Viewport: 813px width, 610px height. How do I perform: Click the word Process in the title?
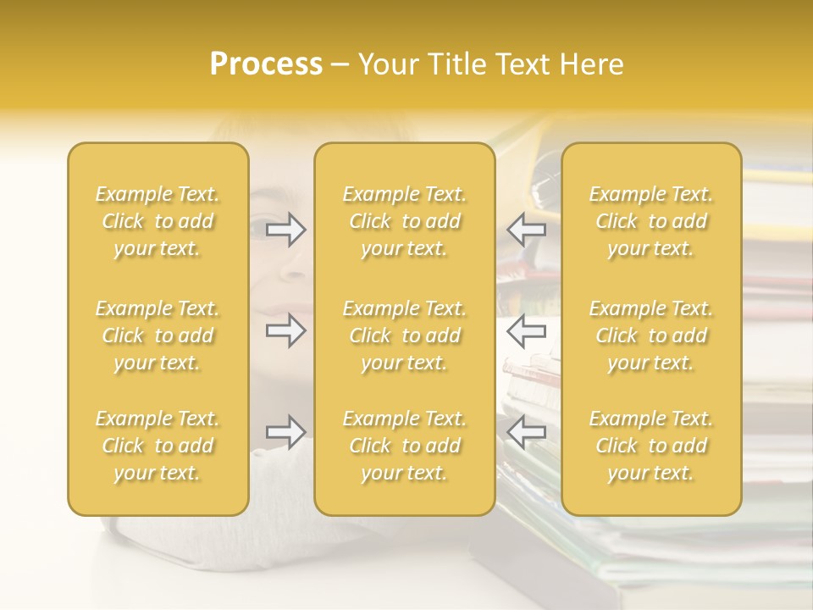[x=266, y=64]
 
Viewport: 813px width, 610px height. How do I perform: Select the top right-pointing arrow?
[x=286, y=230]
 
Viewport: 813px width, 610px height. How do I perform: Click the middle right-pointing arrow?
[x=286, y=330]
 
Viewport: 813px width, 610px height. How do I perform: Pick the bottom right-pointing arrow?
[x=286, y=432]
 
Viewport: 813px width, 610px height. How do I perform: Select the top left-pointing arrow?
[x=527, y=230]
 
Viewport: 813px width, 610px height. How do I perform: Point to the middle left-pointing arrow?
[x=527, y=330]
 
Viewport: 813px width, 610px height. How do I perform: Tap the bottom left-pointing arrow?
[x=527, y=432]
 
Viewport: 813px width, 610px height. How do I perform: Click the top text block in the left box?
[x=158, y=221]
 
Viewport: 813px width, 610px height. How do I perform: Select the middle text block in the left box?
[x=158, y=335]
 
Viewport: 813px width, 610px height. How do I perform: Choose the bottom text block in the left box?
[x=158, y=446]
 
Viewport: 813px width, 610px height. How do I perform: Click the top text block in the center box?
[x=405, y=221]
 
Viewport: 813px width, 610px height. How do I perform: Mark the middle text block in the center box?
[x=405, y=335]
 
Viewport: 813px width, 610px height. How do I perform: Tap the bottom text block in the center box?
[x=405, y=446]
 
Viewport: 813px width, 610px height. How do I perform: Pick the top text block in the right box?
[x=651, y=221]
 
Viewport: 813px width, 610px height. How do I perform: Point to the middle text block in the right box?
[x=651, y=335]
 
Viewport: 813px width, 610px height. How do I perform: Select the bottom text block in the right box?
[x=651, y=446]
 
